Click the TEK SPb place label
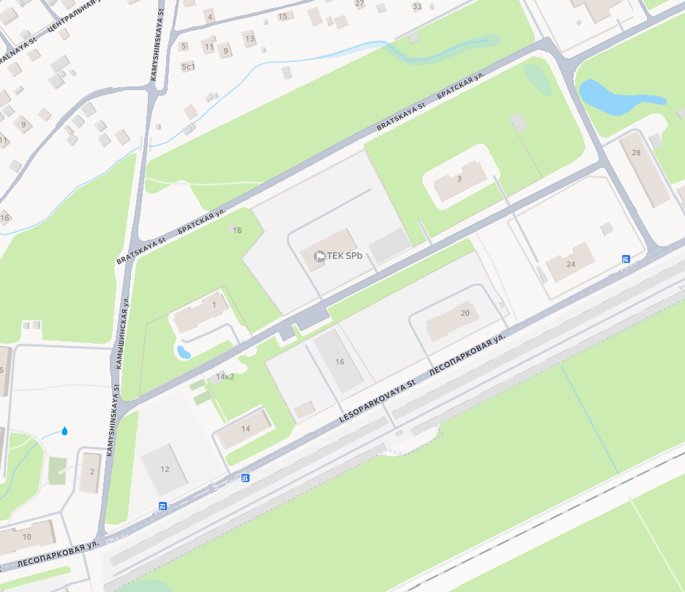pos(345,256)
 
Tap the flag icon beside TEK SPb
pos(319,256)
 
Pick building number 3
pos(459,179)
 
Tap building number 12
pos(165,469)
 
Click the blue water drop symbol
pos(65,431)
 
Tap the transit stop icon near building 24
pos(626,259)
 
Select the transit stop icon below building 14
pos(245,478)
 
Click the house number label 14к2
pos(225,377)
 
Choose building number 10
pos(27,537)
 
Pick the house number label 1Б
pos(236,230)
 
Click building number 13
pos(250,39)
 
